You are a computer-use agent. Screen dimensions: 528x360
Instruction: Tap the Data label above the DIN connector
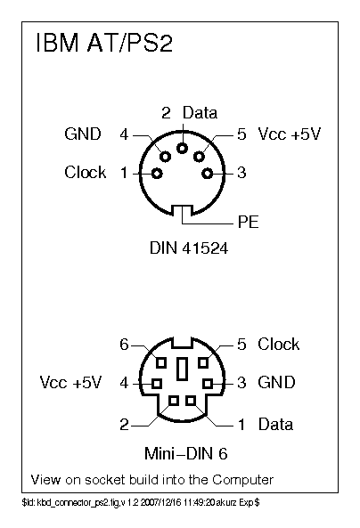(200, 113)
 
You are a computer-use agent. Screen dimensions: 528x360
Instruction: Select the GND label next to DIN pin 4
(83, 134)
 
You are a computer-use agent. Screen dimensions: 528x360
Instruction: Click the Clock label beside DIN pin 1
(85, 172)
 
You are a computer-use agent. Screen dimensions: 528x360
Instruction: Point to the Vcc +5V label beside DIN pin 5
(289, 134)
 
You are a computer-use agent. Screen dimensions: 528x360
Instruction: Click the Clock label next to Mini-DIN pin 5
(278, 344)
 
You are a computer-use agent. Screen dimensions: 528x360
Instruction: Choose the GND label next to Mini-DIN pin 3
(276, 383)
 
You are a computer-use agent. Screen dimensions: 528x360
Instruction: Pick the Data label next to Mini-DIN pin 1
(275, 425)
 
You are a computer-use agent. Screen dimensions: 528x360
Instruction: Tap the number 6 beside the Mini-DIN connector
(124, 345)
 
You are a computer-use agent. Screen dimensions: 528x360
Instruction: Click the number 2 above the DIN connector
(166, 113)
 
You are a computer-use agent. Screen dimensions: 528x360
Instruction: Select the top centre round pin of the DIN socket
(183, 149)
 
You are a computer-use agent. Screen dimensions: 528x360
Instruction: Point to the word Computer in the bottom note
(241, 480)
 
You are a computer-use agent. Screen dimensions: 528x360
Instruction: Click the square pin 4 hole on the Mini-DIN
(156, 384)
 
